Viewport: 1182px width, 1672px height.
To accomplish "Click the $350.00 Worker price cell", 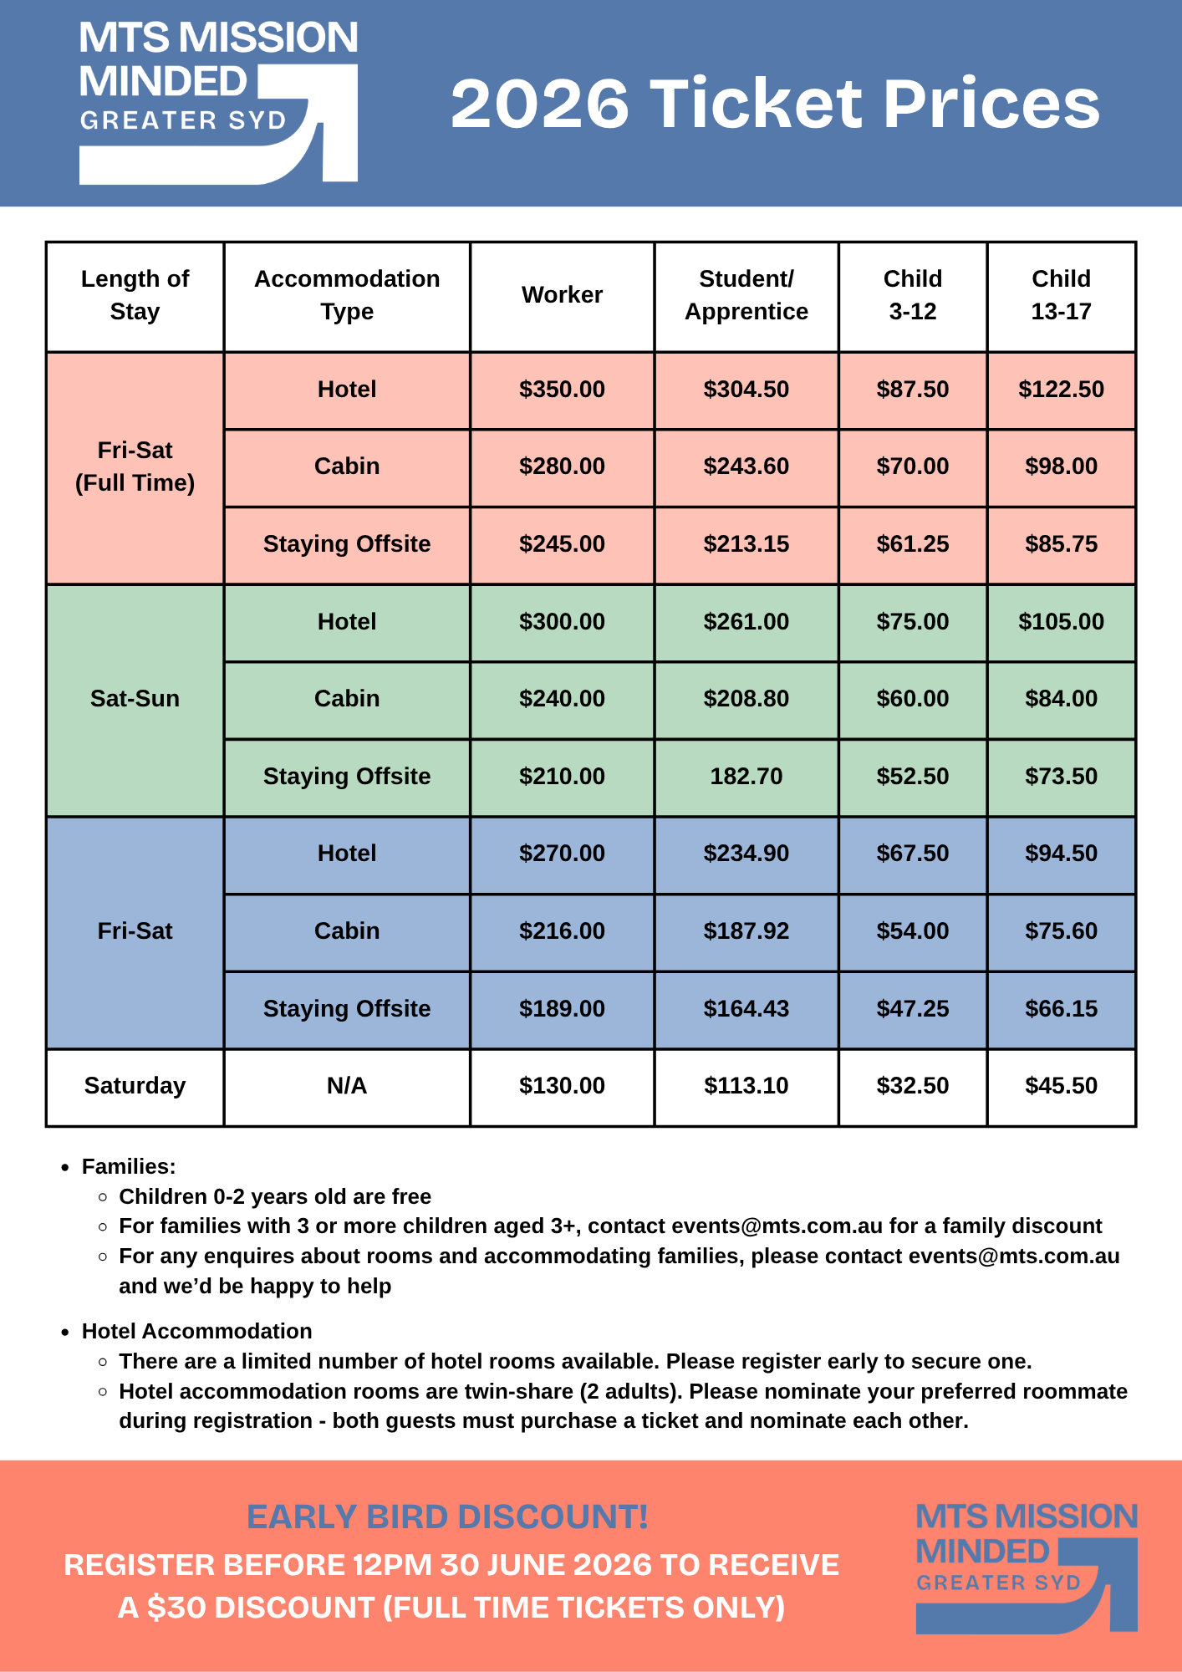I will point(562,390).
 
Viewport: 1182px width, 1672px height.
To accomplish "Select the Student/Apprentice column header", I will point(746,295).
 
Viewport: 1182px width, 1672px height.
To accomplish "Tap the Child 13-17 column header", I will point(1061,295).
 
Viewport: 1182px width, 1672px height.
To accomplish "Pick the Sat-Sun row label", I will point(135,699).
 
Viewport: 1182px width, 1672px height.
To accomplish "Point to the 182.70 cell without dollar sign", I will point(746,777).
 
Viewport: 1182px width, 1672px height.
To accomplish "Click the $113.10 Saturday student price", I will point(746,1086).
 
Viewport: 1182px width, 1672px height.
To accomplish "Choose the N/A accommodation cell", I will point(347,1086).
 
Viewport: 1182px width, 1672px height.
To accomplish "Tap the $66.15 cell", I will point(1061,1009).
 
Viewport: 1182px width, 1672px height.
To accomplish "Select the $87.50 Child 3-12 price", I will point(913,390).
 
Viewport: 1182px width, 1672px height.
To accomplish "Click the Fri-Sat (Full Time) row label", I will point(135,466).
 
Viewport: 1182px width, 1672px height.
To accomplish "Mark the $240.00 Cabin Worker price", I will point(562,699).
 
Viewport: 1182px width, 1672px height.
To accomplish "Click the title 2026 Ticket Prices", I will point(775,104).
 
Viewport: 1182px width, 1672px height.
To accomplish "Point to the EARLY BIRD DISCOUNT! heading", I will point(447,1517).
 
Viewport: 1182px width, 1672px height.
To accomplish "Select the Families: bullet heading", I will point(129,1167).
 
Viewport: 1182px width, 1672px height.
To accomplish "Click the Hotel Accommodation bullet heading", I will point(196,1332).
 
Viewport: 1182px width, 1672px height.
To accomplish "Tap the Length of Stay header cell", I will point(135,295).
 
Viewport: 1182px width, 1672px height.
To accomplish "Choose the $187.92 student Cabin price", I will point(746,931).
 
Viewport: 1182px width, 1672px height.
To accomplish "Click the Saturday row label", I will point(135,1086).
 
